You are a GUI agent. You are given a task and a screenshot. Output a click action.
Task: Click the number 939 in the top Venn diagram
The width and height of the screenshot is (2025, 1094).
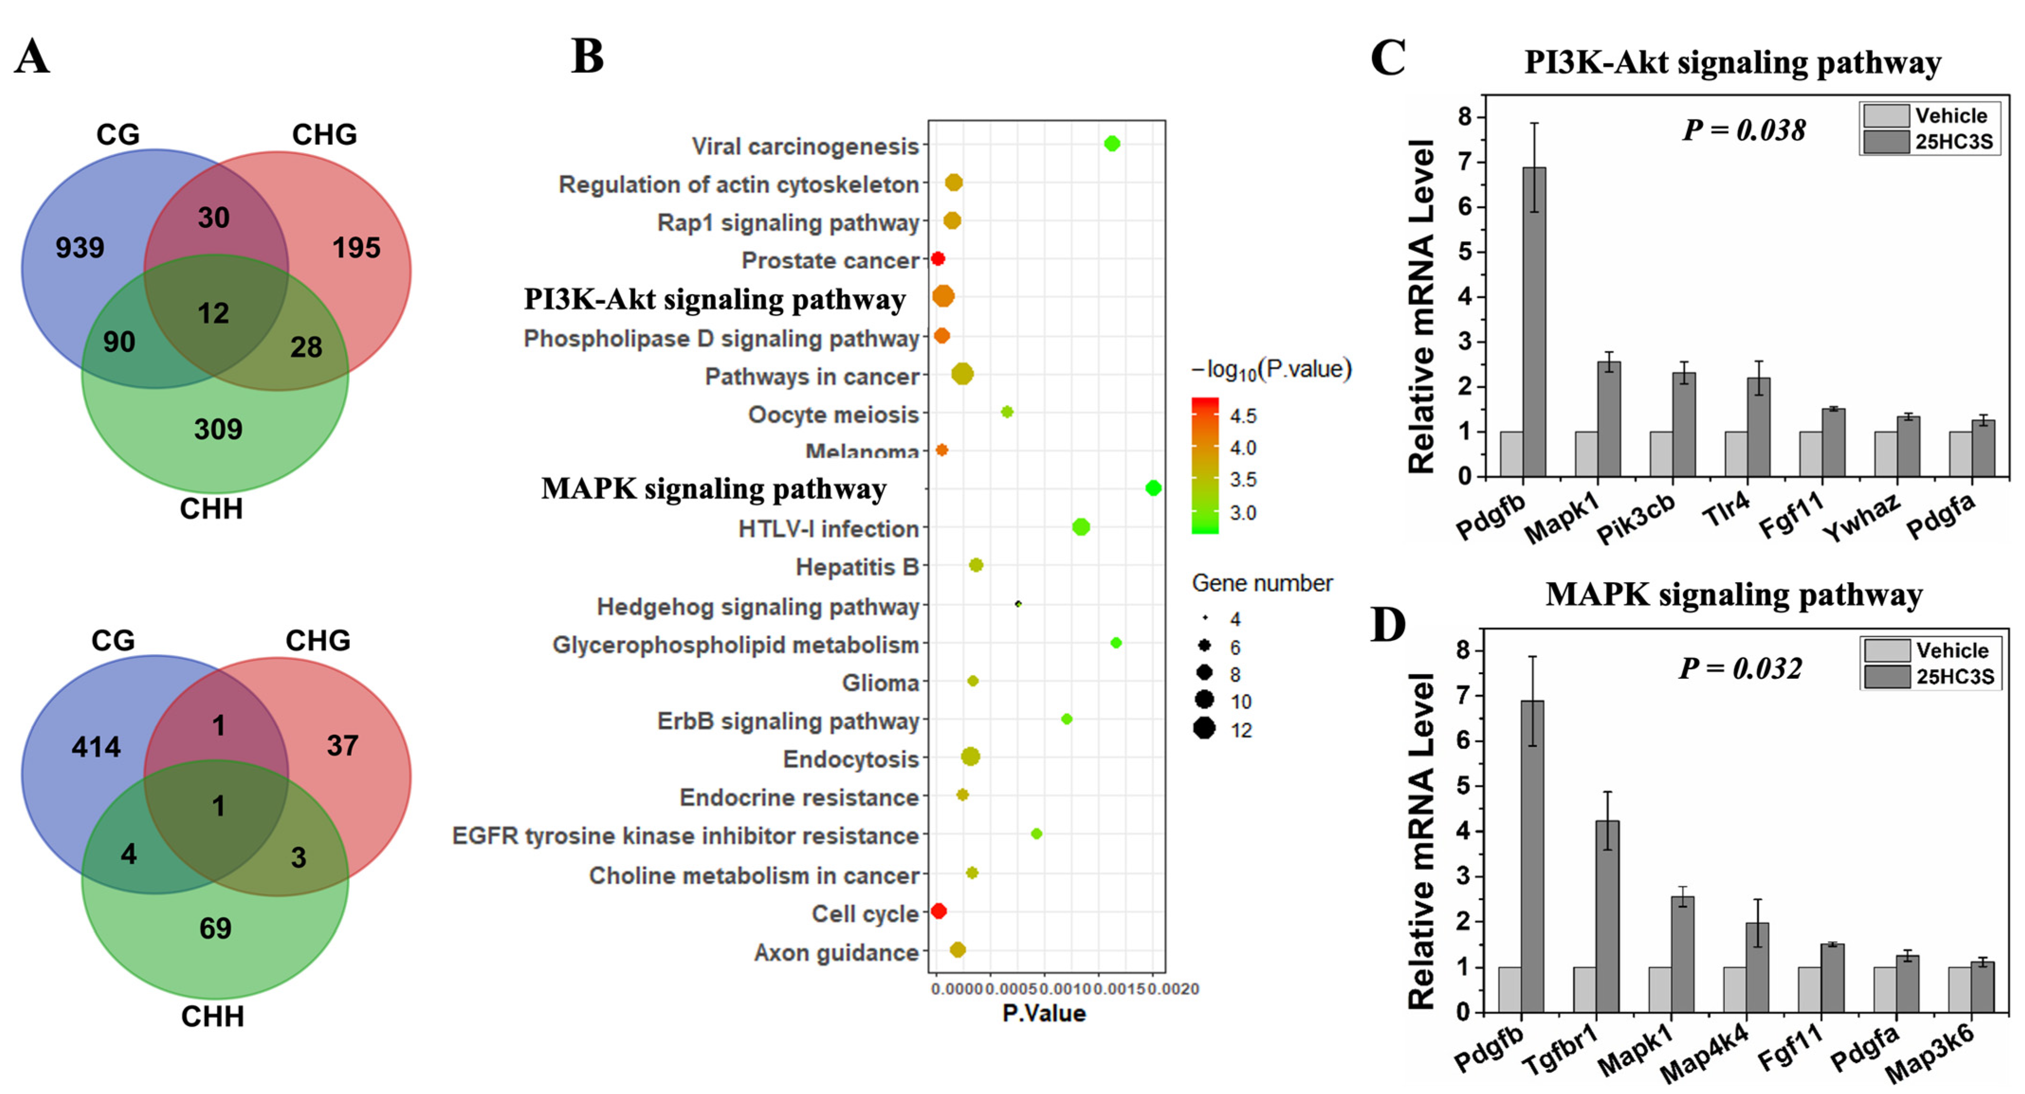(79, 248)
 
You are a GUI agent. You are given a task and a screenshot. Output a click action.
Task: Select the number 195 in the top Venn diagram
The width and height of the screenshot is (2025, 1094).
(356, 248)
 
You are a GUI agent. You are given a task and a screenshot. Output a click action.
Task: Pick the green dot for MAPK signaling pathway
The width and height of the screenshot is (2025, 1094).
(1153, 488)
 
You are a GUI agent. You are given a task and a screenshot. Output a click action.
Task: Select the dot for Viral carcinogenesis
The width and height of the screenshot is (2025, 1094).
(1111, 144)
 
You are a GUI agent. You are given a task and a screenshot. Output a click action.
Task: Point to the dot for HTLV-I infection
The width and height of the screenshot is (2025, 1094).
(1081, 527)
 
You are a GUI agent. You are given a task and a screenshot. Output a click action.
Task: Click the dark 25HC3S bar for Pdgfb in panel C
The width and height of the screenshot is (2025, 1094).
(1534, 322)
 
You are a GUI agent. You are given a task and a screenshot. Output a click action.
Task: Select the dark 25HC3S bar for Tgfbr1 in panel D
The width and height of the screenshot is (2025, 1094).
(1608, 916)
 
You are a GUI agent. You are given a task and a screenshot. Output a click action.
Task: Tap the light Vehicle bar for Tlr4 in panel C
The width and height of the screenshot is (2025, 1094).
(1736, 454)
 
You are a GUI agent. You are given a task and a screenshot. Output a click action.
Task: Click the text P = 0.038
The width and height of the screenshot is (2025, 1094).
(1743, 130)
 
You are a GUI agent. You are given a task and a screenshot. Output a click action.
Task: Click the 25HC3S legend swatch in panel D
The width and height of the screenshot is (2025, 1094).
(1887, 677)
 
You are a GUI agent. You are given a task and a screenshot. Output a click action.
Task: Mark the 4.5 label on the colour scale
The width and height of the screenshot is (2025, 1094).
(1243, 416)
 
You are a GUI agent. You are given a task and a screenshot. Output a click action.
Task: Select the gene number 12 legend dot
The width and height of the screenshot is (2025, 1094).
(1203, 729)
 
